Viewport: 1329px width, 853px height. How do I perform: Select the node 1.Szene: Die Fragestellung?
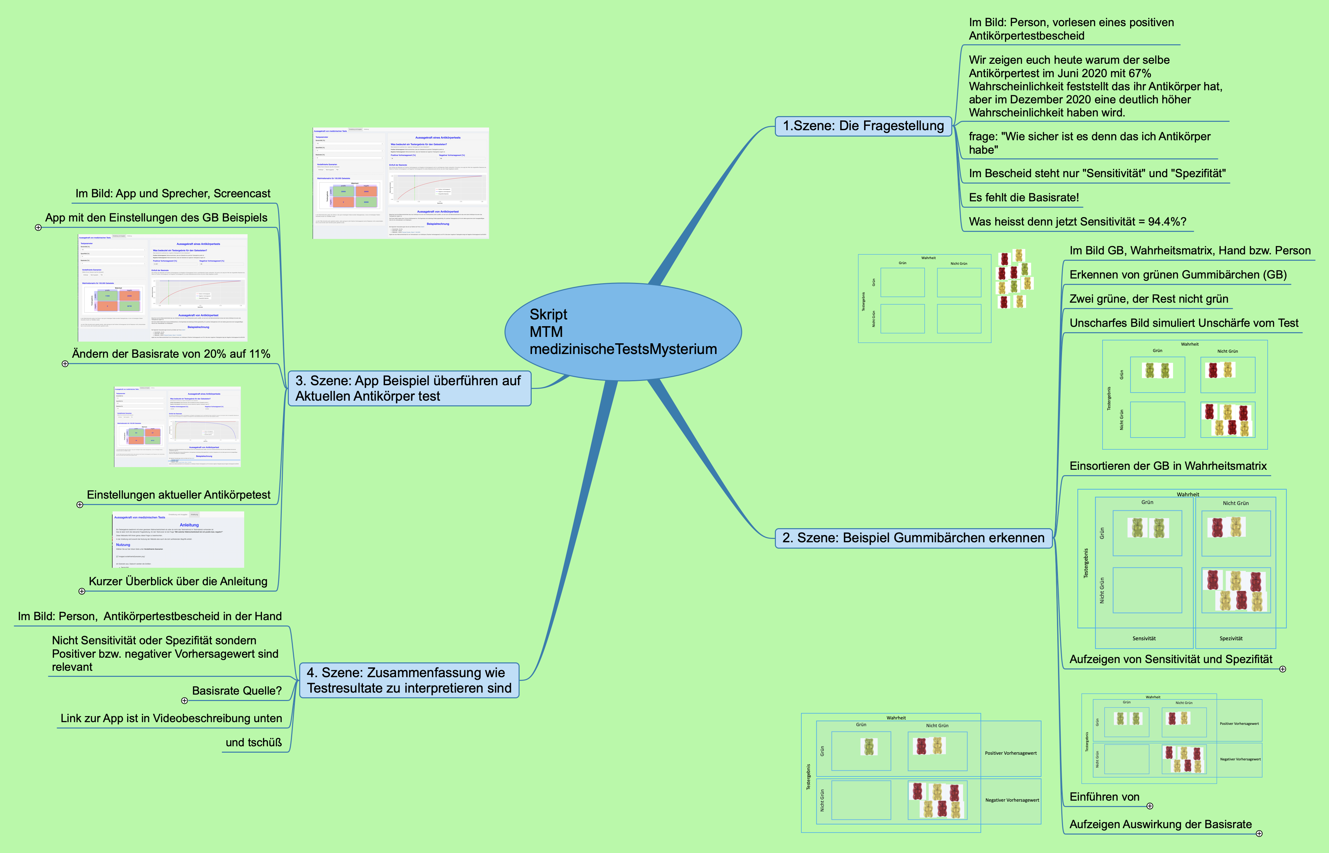pyautogui.click(x=863, y=126)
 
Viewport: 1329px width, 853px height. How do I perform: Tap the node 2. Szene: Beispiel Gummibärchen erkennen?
pyautogui.click(x=913, y=538)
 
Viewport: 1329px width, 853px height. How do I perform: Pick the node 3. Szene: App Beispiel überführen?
pyautogui.click(x=409, y=388)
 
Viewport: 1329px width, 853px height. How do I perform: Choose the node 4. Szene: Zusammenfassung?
pyautogui.click(x=409, y=680)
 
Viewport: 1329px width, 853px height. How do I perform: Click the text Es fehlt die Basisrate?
pyautogui.click(x=1023, y=198)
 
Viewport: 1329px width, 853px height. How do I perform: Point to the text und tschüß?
pyautogui.click(x=254, y=743)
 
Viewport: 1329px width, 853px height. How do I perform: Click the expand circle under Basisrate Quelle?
pyautogui.click(x=184, y=701)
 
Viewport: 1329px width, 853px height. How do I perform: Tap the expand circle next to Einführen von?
pyautogui.click(x=1150, y=806)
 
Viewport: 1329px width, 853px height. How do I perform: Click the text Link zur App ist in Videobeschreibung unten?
pyautogui.click(x=171, y=718)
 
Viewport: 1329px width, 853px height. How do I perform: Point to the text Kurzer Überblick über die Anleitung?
pyautogui.click(x=178, y=582)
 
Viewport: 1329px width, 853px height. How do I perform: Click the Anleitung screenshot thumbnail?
pyautogui.click(x=178, y=540)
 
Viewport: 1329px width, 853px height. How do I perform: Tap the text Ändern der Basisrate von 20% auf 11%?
pyautogui.click(x=171, y=354)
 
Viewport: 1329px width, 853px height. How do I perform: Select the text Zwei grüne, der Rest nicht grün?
pyautogui.click(x=1149, y=299)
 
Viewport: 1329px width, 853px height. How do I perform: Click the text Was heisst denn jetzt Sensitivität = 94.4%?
pyautogui.click(x=1077, y=221)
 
